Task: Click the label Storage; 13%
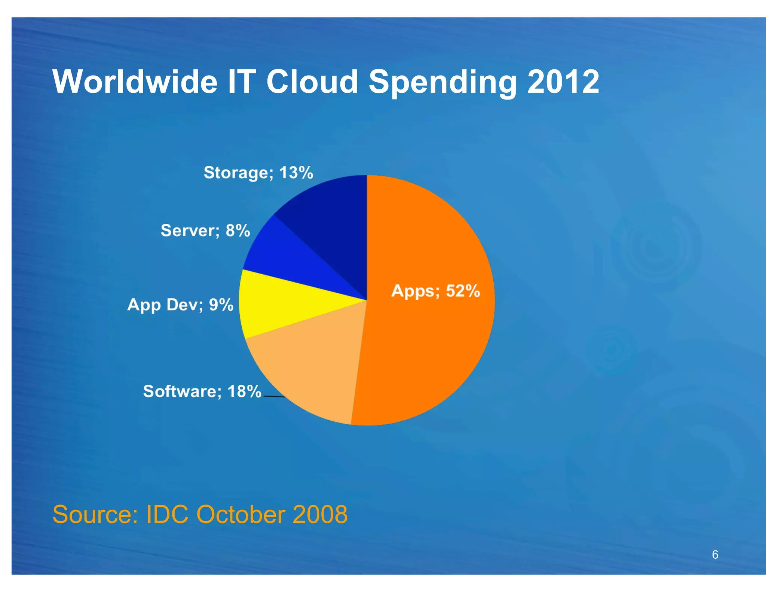tap(258, 173)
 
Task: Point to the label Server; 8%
tap(205, 231)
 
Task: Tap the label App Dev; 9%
tap(180, 305)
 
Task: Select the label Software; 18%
tap(202, 391)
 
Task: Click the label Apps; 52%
tap(435, 291)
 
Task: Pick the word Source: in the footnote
tap(95, 514)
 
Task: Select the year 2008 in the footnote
tap(320, 514)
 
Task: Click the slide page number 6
tap(715, 555)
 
